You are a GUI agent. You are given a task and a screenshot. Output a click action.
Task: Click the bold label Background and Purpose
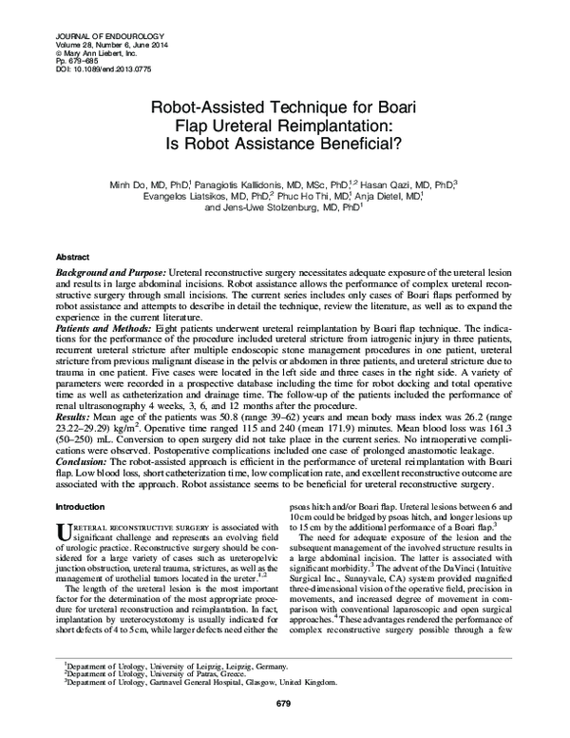(x=101, y=272)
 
